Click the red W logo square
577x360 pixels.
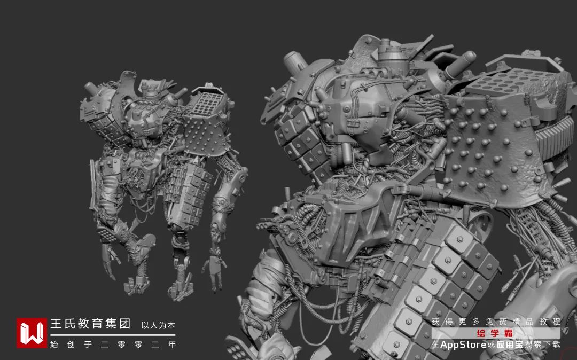point(32,333)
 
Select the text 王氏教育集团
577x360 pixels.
point(90,324)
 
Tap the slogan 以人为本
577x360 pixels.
point(158,325)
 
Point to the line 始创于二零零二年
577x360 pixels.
point(113,345)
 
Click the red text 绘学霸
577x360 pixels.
point(495,333)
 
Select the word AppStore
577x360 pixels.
point(463,345)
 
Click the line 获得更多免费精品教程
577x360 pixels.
point(496,322)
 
